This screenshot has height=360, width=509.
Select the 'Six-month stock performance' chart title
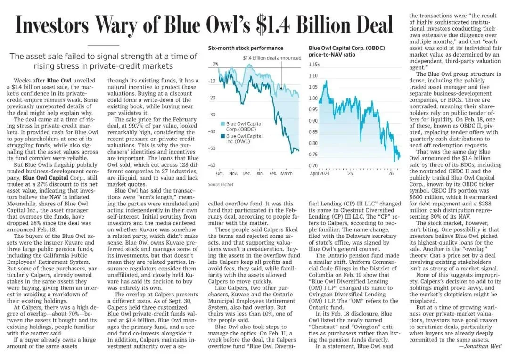[246, 48]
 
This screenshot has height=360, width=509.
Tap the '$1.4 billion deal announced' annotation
[271, 58]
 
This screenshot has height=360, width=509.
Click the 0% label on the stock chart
[215, 64]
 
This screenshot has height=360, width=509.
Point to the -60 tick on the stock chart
[212, 165]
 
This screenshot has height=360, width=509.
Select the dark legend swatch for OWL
[222, 136]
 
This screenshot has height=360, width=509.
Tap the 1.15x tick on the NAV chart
[314, 64]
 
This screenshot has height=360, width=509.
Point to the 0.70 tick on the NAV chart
[314, 166]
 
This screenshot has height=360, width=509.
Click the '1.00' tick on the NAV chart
[314, 98]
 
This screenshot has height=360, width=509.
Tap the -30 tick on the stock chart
[212, 115]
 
